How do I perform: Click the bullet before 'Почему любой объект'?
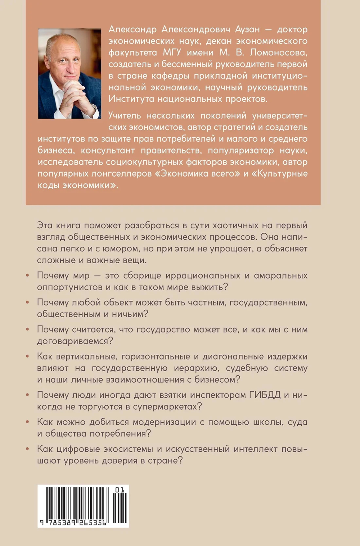tap(28, 302)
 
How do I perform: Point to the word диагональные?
tap(232, 356)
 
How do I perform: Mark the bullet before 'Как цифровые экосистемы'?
tap(28, 449)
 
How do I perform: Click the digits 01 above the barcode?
tap(120, 490)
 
